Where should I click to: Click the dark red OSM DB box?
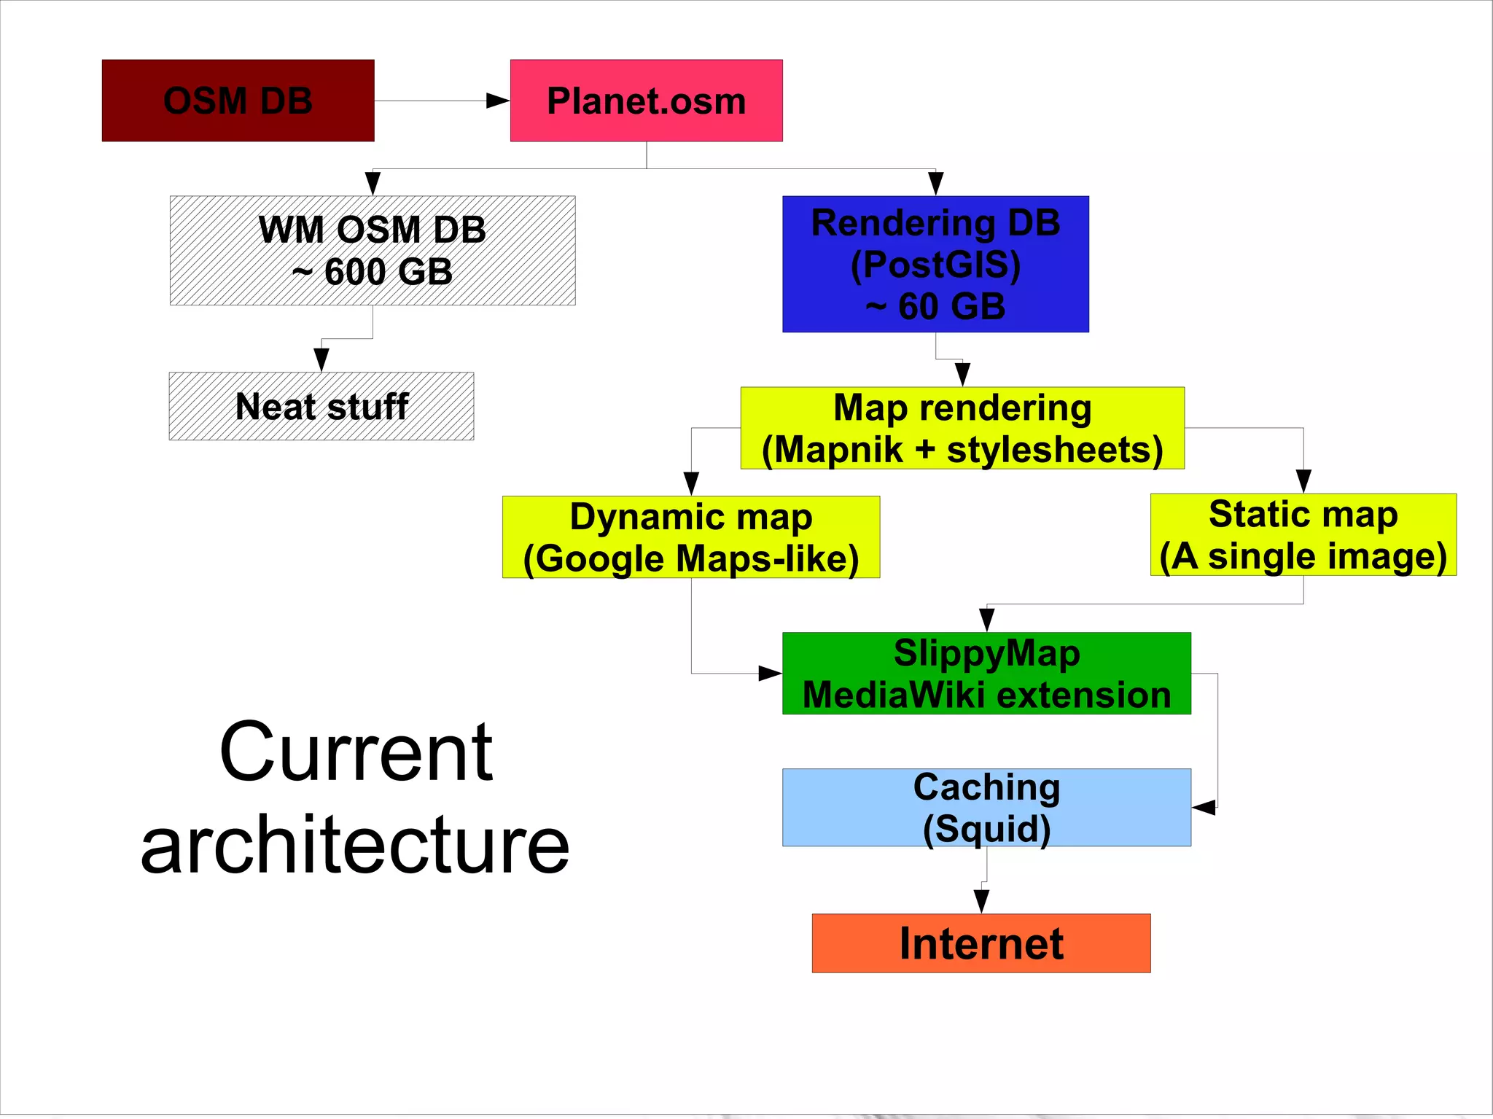pyautogui.click(x=238, y=101)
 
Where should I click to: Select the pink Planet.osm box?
pyautogui.click(x=646, y=101)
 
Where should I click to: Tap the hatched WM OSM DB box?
pyautogui.click(x=373, y=250)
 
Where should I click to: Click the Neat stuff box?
pyautogui.click(x=321, y=406)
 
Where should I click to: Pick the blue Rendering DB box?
pyautogui.click(x=935, y=264)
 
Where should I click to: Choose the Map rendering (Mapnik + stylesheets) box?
pyautogui.click(x=962, y=428)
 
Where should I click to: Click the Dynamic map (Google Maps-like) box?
pyautogui.click(x=690, y=537)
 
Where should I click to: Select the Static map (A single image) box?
pyautogui.click(x=1303, y=534)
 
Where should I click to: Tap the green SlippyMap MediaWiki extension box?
pyautogui.click(x=986, y=673)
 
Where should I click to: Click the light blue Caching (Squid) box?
pyautogui.click(x=986, y=807)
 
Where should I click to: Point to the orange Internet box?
pyautogui.click(x=981, y=943)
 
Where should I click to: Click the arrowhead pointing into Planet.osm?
pyautogui.click(x=499, y=101)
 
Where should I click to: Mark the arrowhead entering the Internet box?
pyautogui.click(x=981, y=901)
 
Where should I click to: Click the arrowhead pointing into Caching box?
pyautogui.click(x=1204, y=807)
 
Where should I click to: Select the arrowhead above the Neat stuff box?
pyautogui.click(x=321, y=359)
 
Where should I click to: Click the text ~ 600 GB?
pyautogui.click(x=373, y=272)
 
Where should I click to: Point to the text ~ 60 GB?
pyautogui.click(x=935, y=306)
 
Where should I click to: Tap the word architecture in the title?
pyautogui.click(x=355, y=846)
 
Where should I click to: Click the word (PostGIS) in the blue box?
pyautogui.click(x=935, y=264)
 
